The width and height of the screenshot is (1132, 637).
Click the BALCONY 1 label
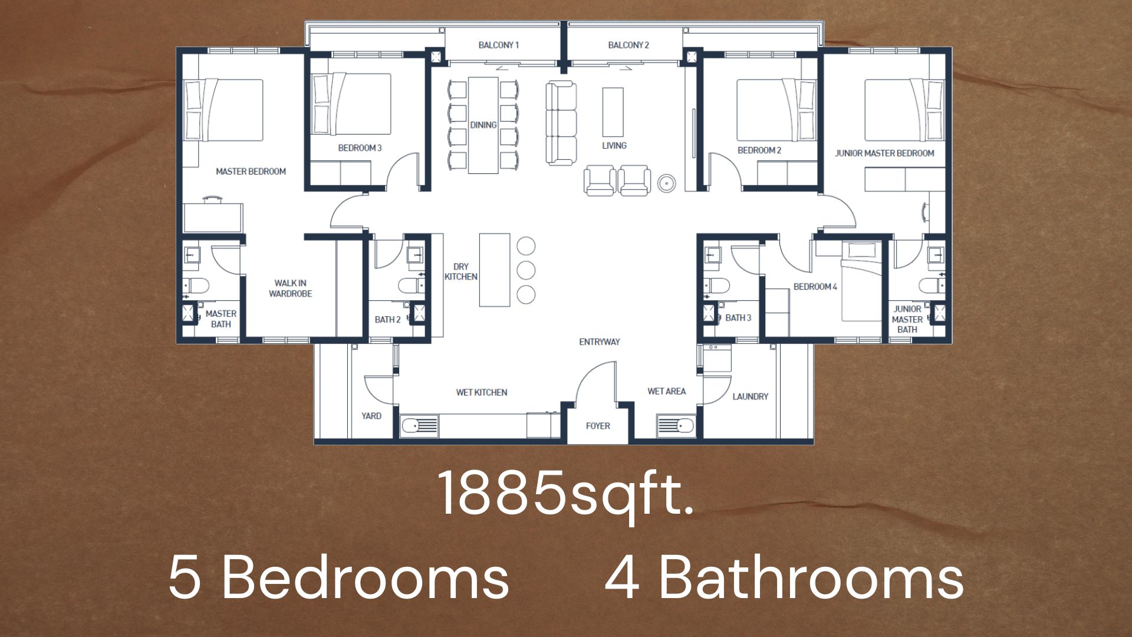498,45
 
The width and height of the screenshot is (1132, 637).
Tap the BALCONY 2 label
628,45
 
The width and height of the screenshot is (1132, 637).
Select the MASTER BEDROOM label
251,172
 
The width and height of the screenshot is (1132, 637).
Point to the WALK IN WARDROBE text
290,288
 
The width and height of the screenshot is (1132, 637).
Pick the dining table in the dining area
483,126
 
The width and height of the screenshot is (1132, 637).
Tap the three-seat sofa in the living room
561,123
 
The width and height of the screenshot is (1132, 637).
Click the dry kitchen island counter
495,270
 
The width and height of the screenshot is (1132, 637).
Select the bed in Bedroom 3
351,104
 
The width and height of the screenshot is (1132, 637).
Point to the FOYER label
598,426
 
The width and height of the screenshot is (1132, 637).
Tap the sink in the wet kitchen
419,425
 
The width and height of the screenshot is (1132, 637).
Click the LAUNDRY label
750,396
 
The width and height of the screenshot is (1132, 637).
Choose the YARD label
371,416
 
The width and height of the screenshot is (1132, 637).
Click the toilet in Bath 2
411,286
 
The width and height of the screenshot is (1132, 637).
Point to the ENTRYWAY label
600,342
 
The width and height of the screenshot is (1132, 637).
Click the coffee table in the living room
613,112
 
